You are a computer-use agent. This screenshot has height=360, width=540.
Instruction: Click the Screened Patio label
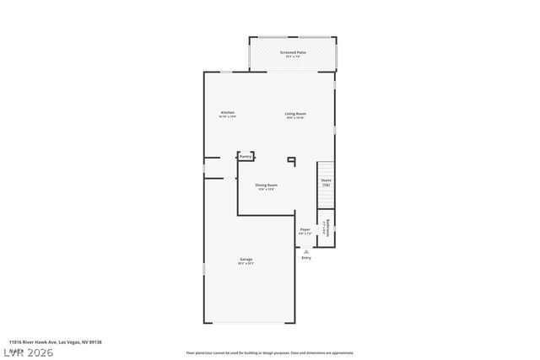tap(293, 52)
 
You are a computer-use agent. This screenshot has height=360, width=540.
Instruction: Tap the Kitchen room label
tap(227, 112)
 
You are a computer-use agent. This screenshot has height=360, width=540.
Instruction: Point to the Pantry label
tap(246, 156)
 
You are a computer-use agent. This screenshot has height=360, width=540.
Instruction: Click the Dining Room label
tap(267, 185)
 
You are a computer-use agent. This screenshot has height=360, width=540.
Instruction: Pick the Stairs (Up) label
tap(326, 181)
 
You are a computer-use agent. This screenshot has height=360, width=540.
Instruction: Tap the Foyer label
tap(305, 228)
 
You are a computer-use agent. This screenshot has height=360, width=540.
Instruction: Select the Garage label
tap(246, 259)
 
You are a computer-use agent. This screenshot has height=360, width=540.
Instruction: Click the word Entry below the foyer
tap(306, 257)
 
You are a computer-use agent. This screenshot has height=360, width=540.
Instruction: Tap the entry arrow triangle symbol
tap(306, 250)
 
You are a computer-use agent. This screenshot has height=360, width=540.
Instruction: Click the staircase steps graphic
tap(326, 197)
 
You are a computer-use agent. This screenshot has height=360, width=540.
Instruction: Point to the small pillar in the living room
tap(292, 159)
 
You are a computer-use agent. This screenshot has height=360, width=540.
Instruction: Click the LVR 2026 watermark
tap(27, 352)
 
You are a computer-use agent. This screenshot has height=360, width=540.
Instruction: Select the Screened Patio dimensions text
tap(293, 57)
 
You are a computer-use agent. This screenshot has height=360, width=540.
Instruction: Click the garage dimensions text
tap(246, 264)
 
